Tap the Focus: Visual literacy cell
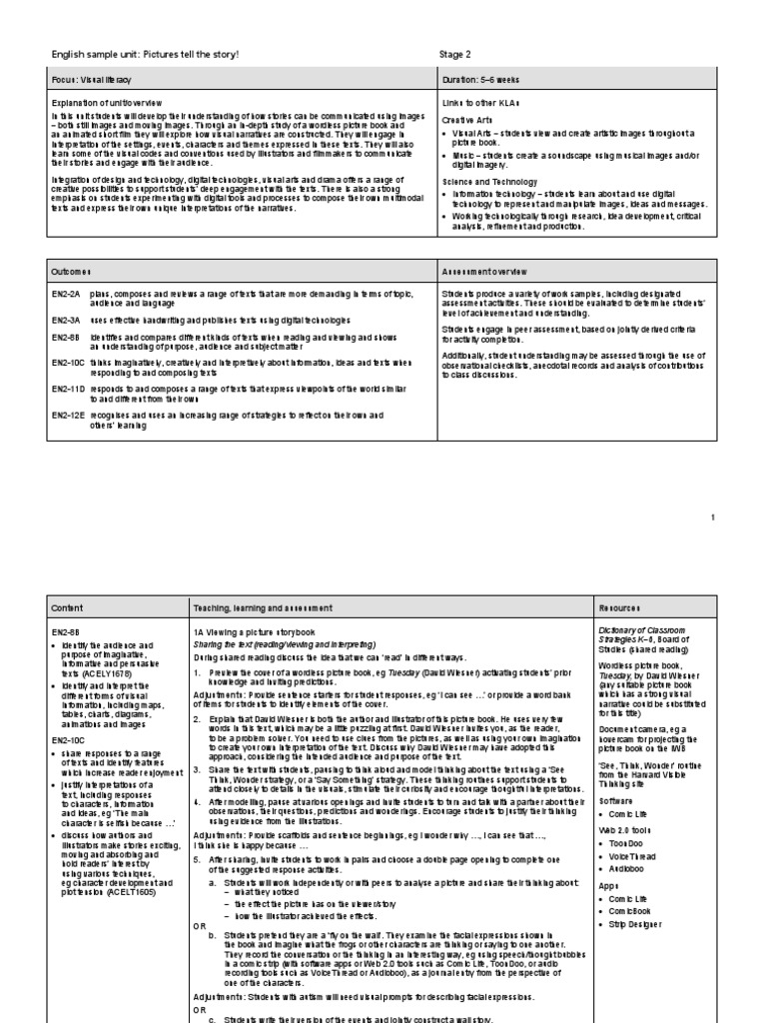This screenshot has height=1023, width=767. pyautogui.click(x=91, y=78)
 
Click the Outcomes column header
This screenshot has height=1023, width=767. pyautogui.click(x=71, y=271)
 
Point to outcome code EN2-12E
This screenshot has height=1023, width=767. pyautogui.click(x=67, y=410)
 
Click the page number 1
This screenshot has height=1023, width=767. pyautogui.click(x=713, y=517)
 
